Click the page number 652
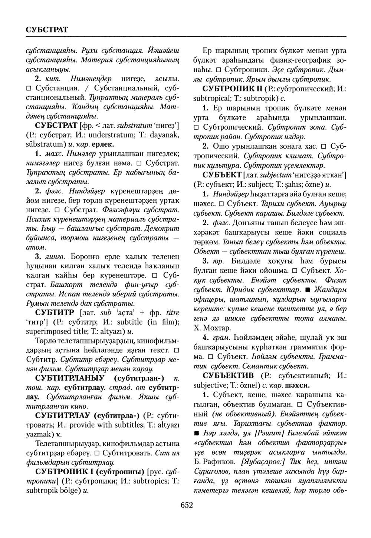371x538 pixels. point(185,505)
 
